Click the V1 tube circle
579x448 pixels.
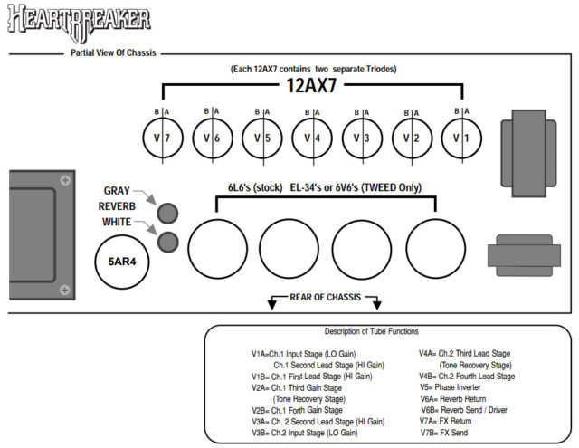(x=461, y=139)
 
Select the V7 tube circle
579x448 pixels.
(x=163, y=139)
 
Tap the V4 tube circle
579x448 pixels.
(x=312, y=139)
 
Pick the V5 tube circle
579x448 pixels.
(x=262, y=139)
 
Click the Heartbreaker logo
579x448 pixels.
(x=80, y=21)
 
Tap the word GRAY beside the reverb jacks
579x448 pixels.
(x=117, y=191)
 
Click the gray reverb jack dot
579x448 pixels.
(x=166, y=213)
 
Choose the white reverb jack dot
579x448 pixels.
(x=166, y=241)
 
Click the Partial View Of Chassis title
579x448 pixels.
(x=113, y=53)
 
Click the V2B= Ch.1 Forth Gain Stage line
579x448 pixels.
(x=298, y=409)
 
